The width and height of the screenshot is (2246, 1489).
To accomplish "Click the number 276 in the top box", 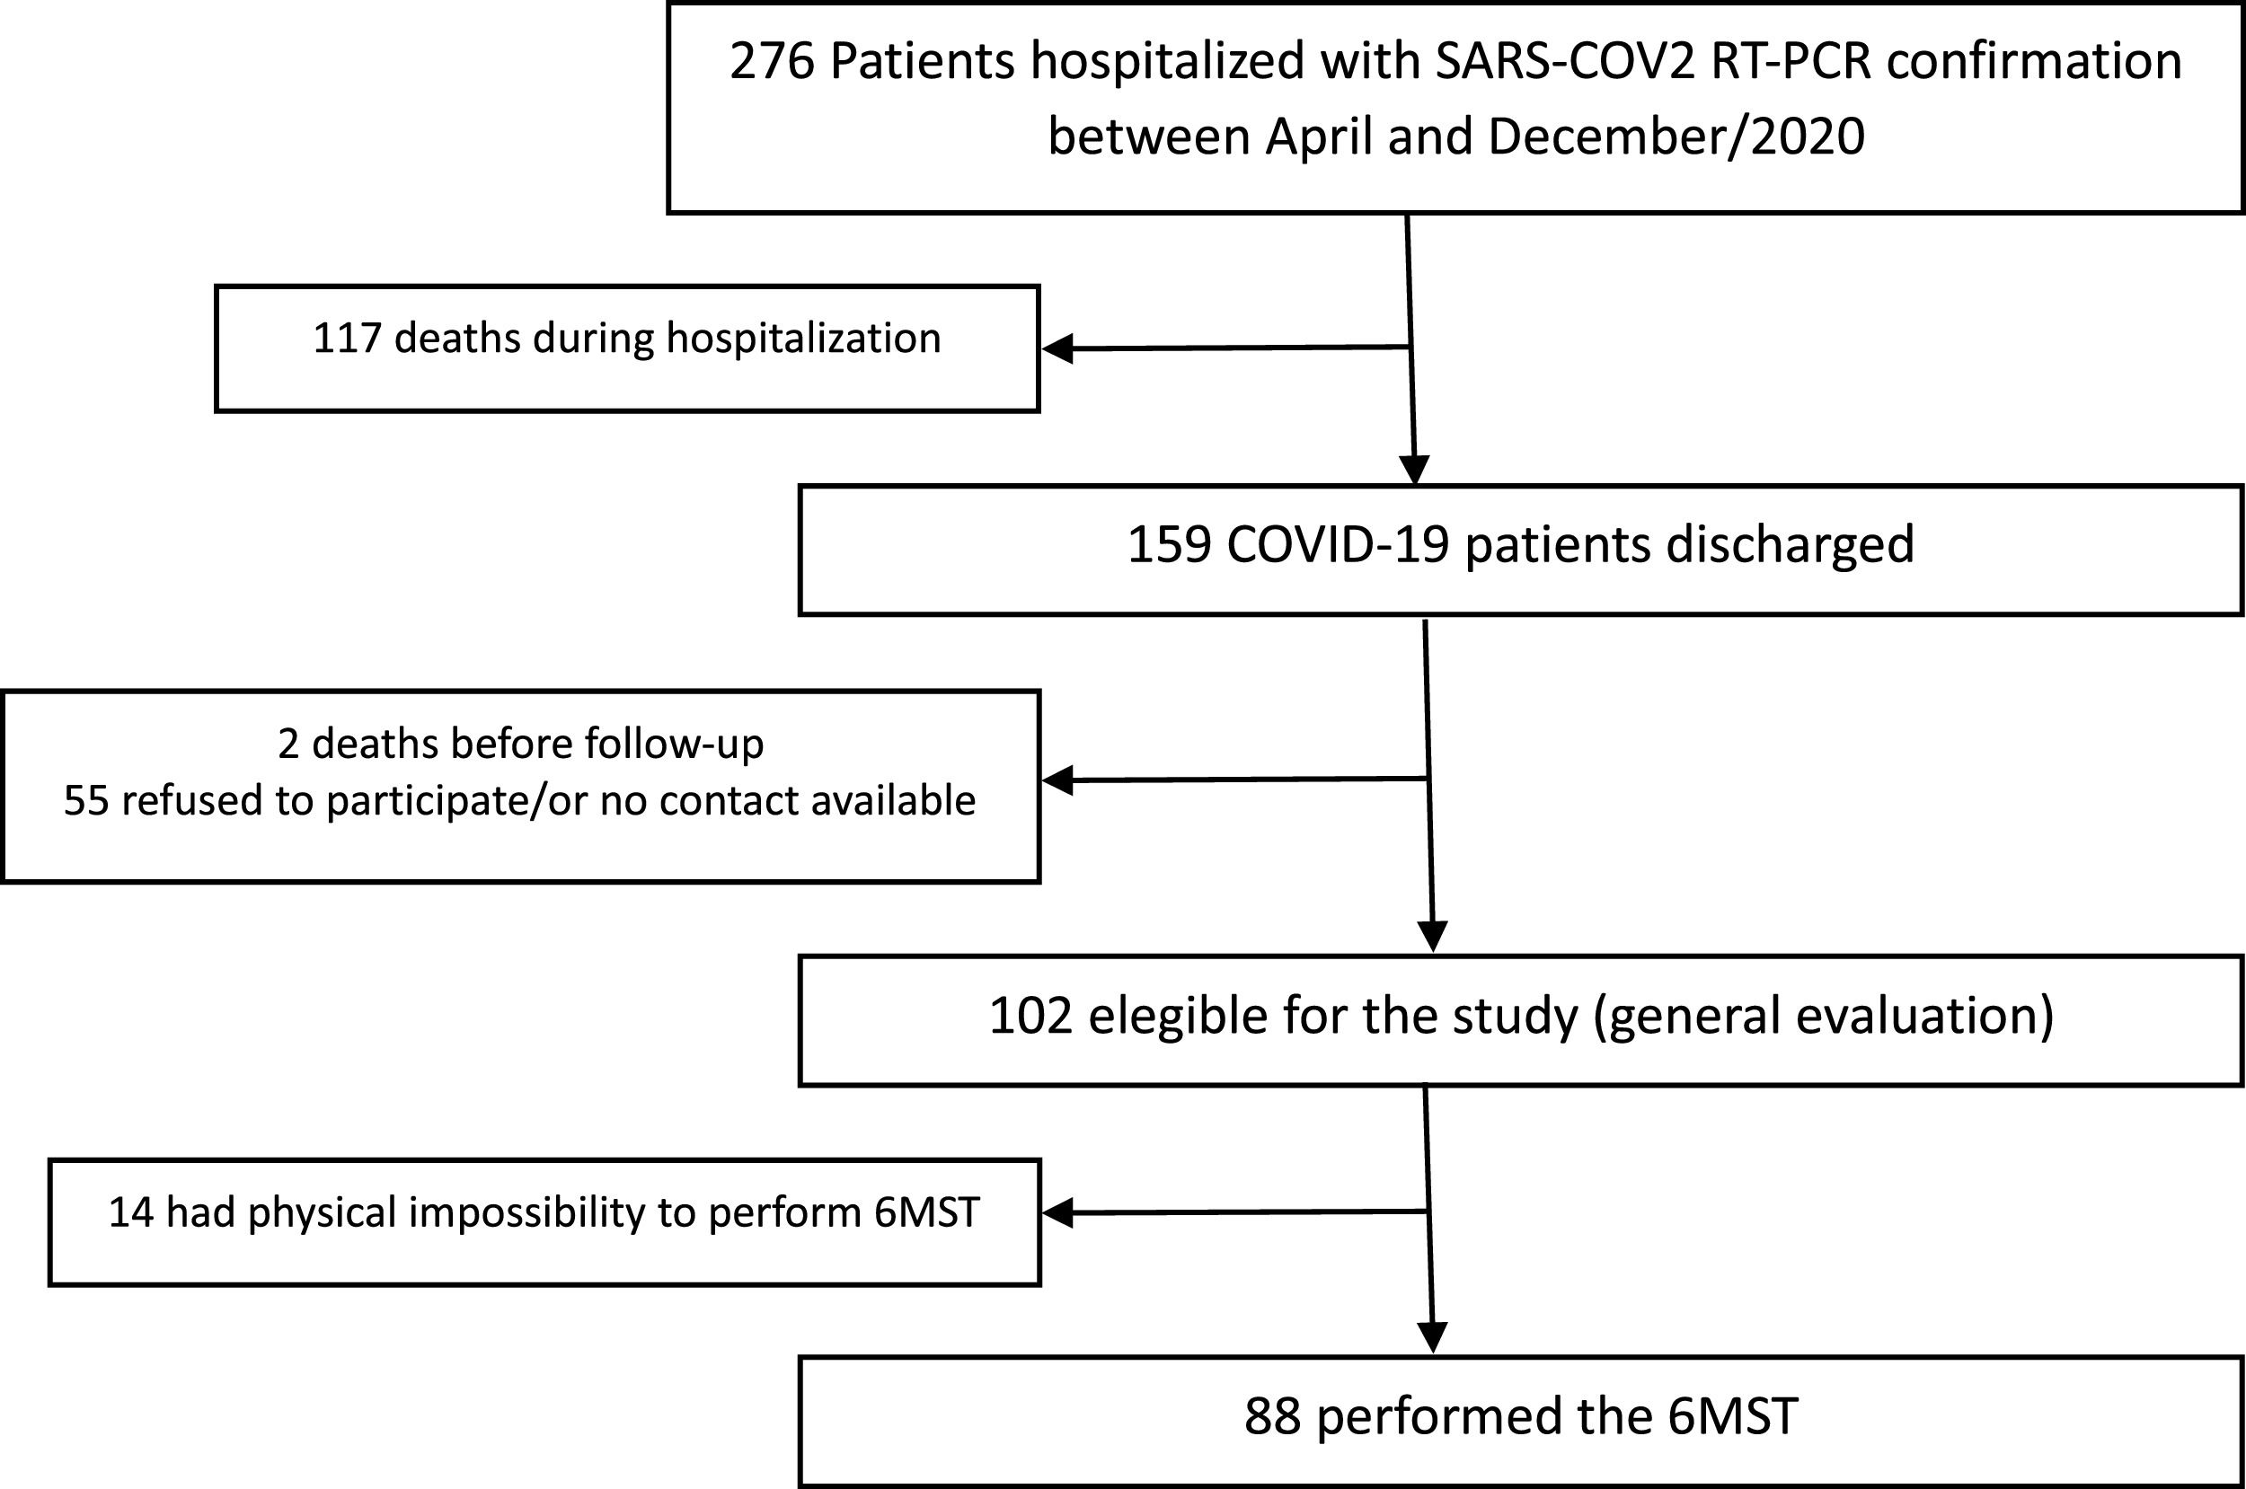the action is coord(772,62).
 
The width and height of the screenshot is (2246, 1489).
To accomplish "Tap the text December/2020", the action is coord(1676,137).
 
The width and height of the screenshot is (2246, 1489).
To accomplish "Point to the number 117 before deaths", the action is coord(347,339).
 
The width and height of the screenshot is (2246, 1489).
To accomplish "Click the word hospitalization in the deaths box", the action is coord(803,339).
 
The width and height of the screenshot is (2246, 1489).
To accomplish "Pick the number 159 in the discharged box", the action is coord(1169,545).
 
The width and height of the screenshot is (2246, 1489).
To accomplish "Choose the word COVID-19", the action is coord(1338,545).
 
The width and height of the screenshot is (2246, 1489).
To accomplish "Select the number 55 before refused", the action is coord(84,800).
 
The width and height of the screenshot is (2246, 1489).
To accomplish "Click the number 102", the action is coord(1031,1016).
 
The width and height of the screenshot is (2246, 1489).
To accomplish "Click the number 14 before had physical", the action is coord(131,1212).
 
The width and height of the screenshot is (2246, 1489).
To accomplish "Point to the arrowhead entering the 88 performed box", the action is coord(1432,1337).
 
